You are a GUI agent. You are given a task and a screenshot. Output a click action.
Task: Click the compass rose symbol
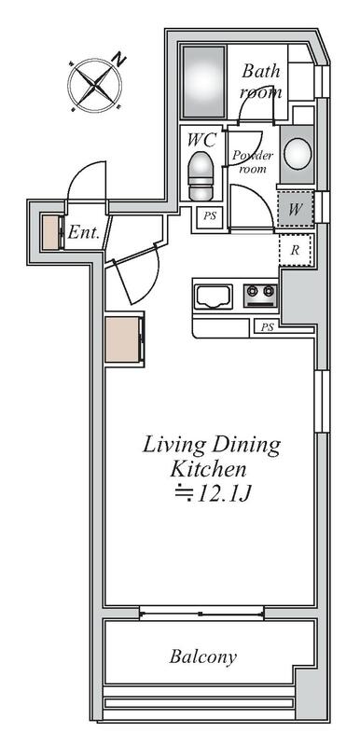(x=94, y=86)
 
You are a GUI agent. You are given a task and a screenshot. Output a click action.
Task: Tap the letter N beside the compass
(x=118, y=60)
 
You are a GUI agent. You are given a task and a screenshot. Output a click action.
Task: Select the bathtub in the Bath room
(x=203, y=82)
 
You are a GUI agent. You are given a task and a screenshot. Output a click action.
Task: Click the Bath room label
(x=260, y=81)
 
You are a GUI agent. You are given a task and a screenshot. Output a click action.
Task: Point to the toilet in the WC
(x=201, y=175)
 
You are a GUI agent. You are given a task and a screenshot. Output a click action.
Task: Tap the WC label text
(x=202, y=140)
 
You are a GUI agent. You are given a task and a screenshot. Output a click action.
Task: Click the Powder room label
(x=253, y=161)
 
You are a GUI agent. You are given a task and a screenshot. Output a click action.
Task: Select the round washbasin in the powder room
(x=298, y=154)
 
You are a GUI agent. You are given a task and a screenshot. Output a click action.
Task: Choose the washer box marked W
(x=295, y=209)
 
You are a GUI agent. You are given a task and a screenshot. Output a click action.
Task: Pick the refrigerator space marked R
(x=295, y=250)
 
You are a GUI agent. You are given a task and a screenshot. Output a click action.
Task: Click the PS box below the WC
(x=210, y=216)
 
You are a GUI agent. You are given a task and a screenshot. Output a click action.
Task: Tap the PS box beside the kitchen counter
(x=268, y=327)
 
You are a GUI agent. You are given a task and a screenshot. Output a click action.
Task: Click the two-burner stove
(x=260, y=296)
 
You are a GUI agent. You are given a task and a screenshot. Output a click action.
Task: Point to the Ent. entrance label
(x=84, y=232)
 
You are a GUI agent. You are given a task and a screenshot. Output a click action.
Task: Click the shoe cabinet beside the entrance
(x=51, y=232)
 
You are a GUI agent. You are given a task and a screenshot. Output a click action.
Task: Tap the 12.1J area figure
(x=212, y=494)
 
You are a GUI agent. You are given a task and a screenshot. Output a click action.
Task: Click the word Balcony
(x=203, y=657)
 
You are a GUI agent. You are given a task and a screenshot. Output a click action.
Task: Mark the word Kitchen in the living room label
(x=208, y=469)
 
